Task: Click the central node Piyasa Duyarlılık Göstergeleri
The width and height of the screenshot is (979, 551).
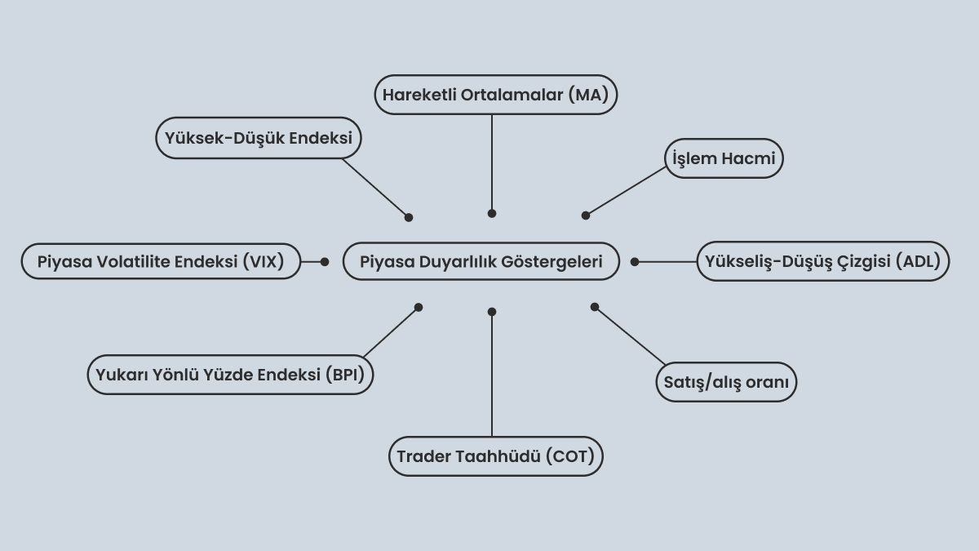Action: (x=481, y=261)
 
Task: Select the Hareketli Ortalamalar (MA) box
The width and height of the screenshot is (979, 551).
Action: (x=496, y=95)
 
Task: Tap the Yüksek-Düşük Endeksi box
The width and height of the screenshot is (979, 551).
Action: (x=259, y=138)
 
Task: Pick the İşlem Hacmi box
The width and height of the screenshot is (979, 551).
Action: (x=724, y=158)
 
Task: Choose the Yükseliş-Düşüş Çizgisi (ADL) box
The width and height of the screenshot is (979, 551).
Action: (x=823, y=261)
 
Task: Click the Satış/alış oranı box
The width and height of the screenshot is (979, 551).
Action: (x=726, y=382)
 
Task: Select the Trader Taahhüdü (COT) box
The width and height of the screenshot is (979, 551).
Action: (x=496, y=456)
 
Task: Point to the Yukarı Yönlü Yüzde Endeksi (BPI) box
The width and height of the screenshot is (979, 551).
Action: (x=230, y=375)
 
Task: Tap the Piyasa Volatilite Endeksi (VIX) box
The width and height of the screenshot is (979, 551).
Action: (x=161, y=261)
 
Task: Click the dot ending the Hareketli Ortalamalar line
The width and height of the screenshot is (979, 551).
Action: (x=492, y=213)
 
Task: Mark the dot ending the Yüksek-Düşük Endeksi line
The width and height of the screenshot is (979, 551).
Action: (x=409, y=217)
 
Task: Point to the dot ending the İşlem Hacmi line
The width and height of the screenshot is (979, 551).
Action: (x=586, y=216)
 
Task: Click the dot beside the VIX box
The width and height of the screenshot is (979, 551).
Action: (x=325, y=262)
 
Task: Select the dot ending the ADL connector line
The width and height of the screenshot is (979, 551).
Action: (x=635, y=262)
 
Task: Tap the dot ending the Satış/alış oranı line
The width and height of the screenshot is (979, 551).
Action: (x=595, y=307)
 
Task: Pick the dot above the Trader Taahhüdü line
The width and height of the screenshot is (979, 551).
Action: (x=492, y=312)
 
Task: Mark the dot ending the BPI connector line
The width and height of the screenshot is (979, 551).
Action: (x=419, y=308)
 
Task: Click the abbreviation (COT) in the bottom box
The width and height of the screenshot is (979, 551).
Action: (x=570, y=456)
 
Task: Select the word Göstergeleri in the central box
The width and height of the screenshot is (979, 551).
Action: (x=552, y=262)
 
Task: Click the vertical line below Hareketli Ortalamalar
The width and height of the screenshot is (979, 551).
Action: (x=492, y=164)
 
